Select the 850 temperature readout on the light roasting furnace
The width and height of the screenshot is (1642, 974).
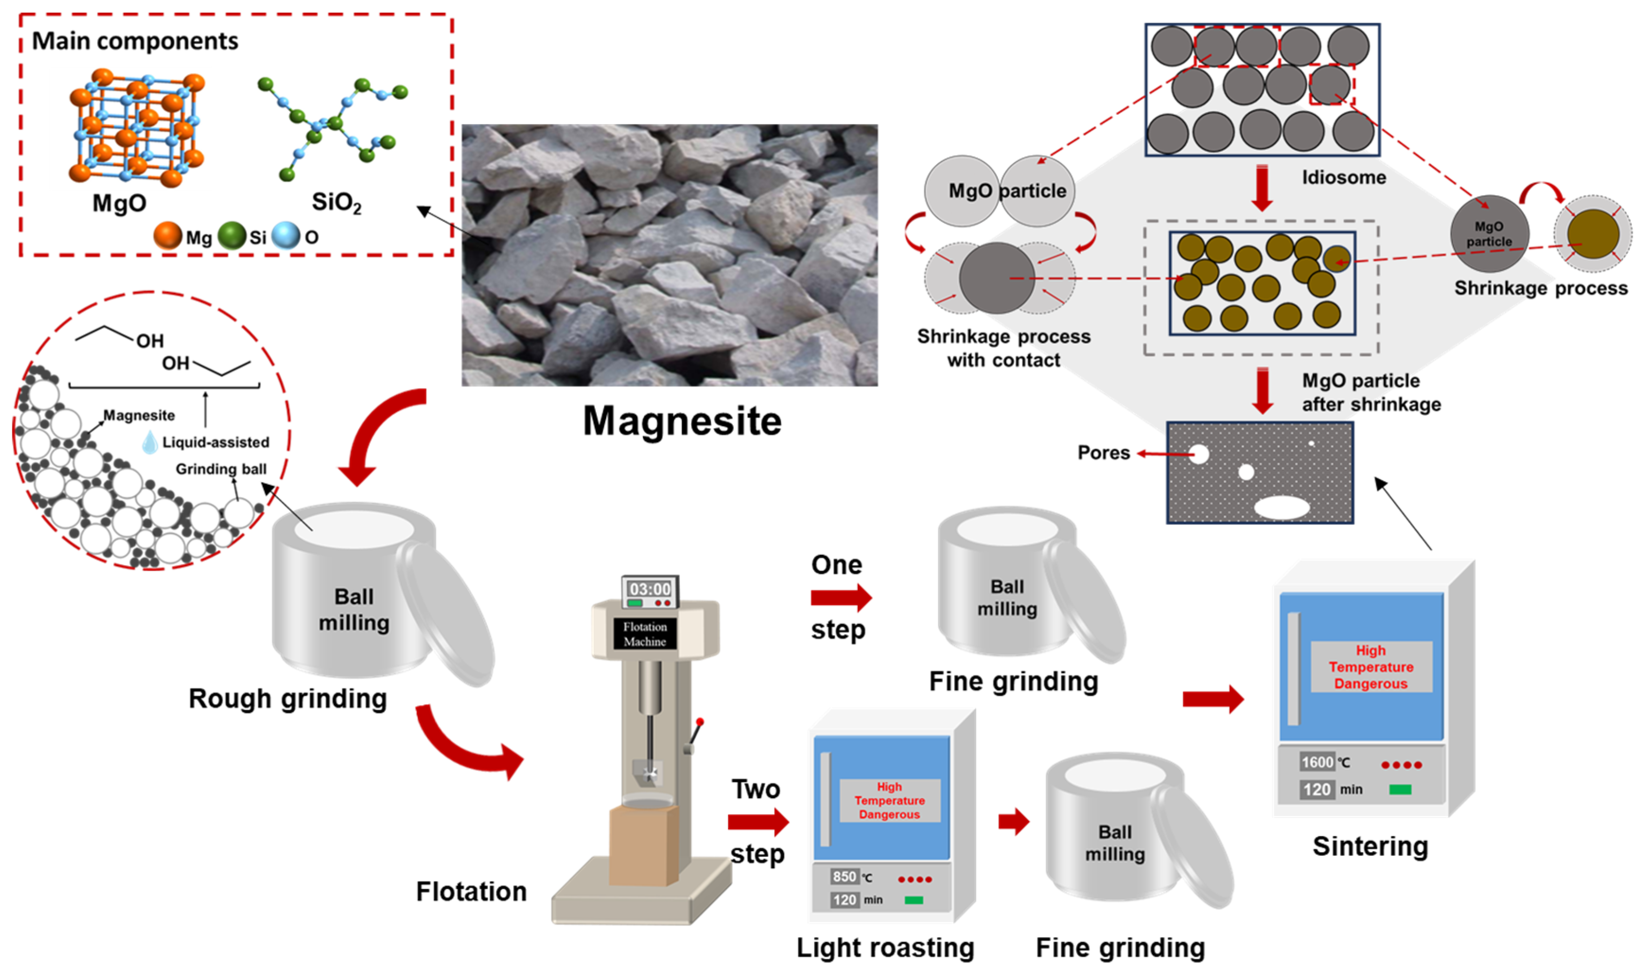(843, 876)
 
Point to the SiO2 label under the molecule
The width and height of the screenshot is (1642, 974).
(336, 202)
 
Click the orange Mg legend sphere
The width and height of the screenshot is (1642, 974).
(167, 236)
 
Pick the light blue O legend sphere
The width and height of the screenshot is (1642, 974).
(286, 236)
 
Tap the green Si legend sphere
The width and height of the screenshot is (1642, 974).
(231, 236)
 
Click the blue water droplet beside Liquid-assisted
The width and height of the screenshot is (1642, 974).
(150, 443)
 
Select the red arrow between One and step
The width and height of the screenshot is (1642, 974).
(840, 597)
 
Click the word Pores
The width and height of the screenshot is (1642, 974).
(1103, 453)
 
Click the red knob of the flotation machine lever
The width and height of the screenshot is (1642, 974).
(700, 722)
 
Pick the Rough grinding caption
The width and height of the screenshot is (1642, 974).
(287, 699)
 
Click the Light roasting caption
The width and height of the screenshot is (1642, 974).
(885, 948)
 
